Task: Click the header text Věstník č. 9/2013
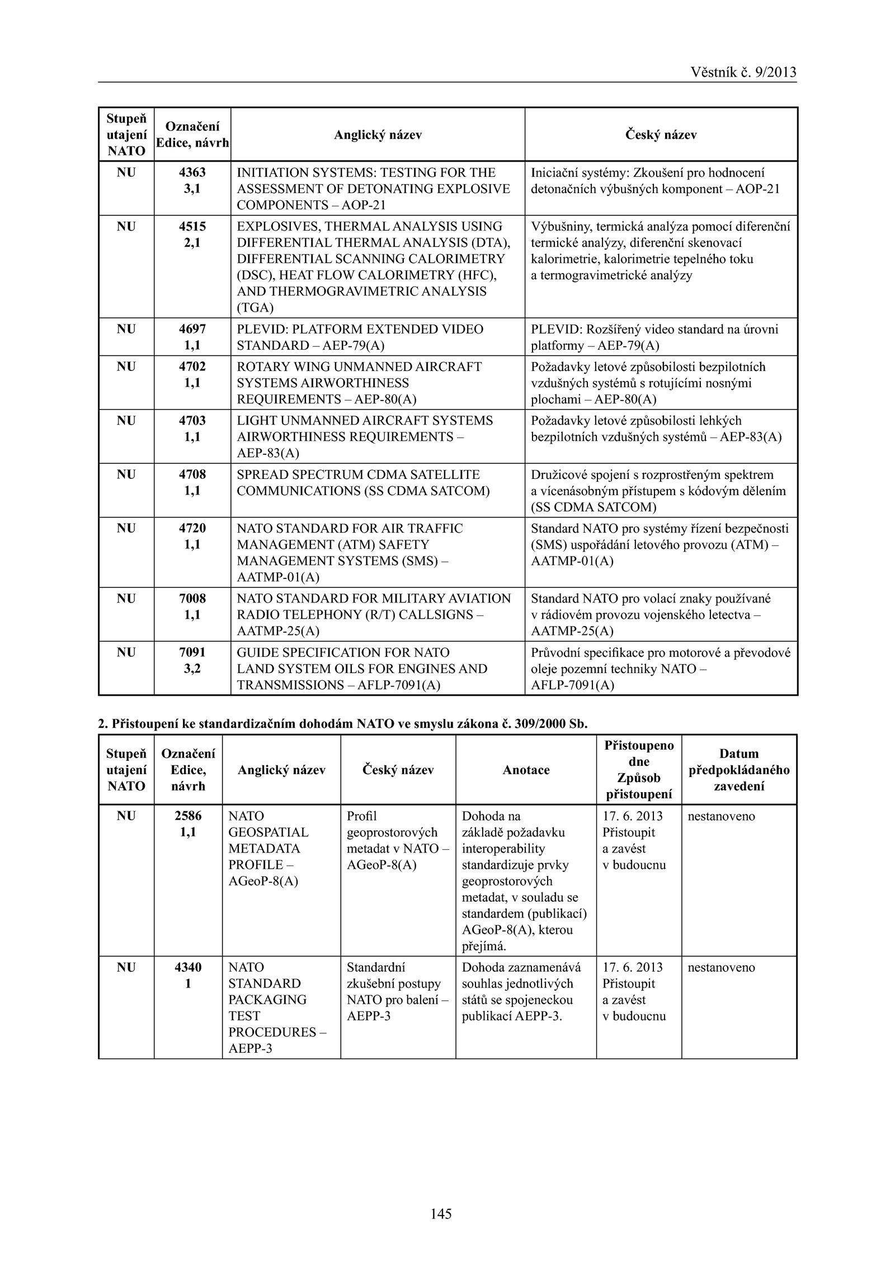(743, 72)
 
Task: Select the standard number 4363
(192, 172)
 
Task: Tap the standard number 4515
(192, 227)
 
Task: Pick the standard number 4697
(192, 329)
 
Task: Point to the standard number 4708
(192, 474)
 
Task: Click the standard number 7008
(192, 599)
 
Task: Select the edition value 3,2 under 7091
(192, 669)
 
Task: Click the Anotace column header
(526, 770)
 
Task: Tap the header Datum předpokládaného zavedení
(739, 770)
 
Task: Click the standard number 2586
(188, 816)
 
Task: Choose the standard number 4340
(188, 967)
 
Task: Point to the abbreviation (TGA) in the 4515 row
(255, 308)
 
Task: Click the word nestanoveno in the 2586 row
(721, 816)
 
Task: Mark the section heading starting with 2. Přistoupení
(343, 724)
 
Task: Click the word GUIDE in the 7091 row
(257, 653)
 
